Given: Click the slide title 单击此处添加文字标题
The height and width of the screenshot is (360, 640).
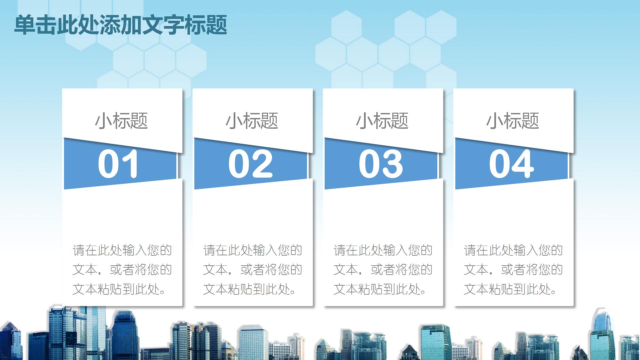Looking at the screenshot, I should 120,25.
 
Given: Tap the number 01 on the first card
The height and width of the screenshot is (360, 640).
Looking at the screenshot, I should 118,164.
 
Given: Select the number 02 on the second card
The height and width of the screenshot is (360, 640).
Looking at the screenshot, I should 250,164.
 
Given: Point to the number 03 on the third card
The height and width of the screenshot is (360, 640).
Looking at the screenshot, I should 381,164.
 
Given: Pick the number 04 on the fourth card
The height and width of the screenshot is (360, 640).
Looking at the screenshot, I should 511,164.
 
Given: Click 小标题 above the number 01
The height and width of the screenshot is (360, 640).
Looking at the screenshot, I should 122,121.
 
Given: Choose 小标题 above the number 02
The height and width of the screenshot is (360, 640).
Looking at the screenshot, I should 252,121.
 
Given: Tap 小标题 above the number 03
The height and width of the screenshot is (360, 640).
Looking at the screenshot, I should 382,121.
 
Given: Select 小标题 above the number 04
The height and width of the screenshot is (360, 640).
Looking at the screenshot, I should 513,121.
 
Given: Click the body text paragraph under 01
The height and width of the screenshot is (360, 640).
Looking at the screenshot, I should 122,270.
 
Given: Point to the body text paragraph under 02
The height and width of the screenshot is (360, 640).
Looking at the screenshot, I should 253,270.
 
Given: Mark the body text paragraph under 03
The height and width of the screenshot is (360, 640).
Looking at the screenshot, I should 383,270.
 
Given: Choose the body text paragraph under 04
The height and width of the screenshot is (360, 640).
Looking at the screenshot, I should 513,270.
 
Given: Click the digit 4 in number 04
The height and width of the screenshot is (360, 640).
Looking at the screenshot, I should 523,164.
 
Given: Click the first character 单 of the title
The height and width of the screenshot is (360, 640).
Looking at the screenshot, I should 25,25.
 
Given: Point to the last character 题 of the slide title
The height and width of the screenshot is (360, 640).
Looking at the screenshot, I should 217,25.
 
